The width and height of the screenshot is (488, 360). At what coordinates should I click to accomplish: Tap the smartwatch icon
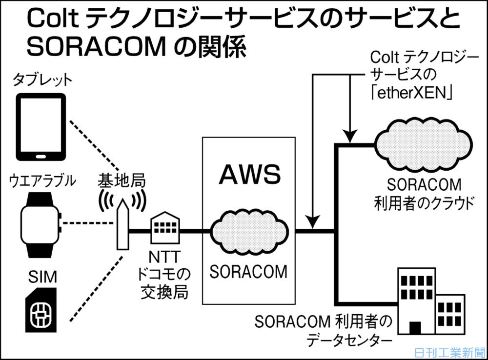[x=41, y=224]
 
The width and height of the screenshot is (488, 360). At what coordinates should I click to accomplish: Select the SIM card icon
[x=41, y=312]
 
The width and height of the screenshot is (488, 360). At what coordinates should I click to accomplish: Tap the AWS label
[x=249, y=174]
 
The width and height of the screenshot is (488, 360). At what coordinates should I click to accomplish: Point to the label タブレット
[x=43, y=80]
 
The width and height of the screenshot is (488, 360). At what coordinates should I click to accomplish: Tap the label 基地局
[x=122, y=181]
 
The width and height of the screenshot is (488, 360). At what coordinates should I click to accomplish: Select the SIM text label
[x=42, y=278]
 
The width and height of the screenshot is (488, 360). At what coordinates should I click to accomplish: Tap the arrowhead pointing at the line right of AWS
[x=314, y=222]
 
